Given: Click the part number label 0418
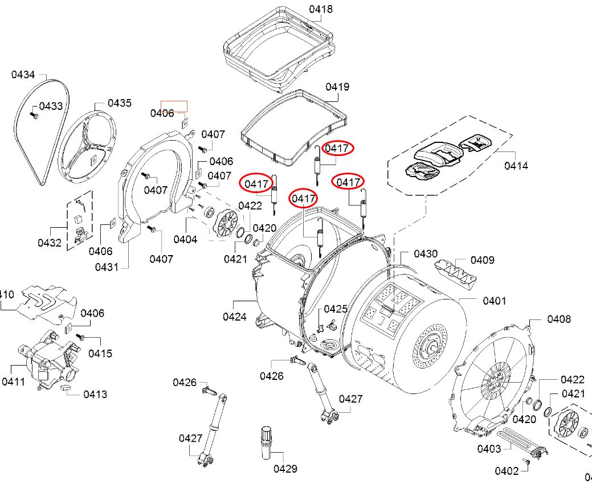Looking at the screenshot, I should (321, 10).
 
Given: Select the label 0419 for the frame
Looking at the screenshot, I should (337, 87).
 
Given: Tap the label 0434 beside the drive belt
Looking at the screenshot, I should (23, 75).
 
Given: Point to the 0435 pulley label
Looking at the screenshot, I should (120, 103).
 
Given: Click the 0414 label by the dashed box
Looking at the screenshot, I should (516, 166).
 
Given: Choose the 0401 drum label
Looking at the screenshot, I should (495, 301).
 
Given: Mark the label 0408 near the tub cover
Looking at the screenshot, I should (559, 319).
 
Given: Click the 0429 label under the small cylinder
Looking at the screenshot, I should (285, 469).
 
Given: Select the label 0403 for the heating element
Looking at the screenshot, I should (489, 449).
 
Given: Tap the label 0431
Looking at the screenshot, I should (107, 267).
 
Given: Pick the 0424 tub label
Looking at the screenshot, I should (235, 317).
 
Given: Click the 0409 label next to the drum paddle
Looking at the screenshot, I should (482, 260).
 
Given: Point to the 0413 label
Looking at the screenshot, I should (95, 394).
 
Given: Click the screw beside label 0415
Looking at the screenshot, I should (80, 337).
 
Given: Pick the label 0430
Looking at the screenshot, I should (426, 253).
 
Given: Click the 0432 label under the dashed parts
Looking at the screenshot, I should (50, 243).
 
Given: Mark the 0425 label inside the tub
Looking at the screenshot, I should (336, 309).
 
